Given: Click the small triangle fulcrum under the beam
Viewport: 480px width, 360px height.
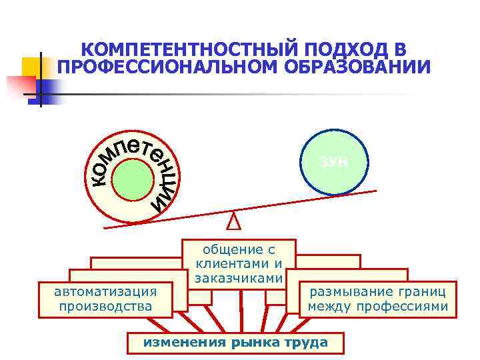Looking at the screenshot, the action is click(x=233, y=219).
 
